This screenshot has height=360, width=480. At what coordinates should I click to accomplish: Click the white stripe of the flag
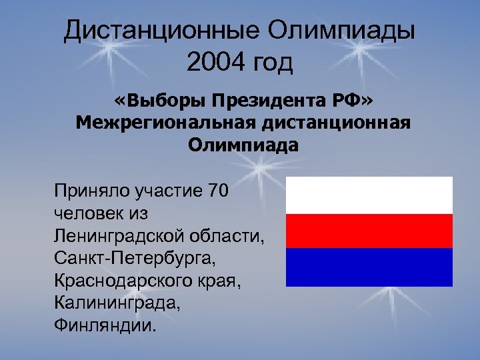pos(369,195)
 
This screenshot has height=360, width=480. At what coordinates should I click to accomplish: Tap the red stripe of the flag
pos(369,231)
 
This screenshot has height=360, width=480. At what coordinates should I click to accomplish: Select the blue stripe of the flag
pos(369,267)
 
